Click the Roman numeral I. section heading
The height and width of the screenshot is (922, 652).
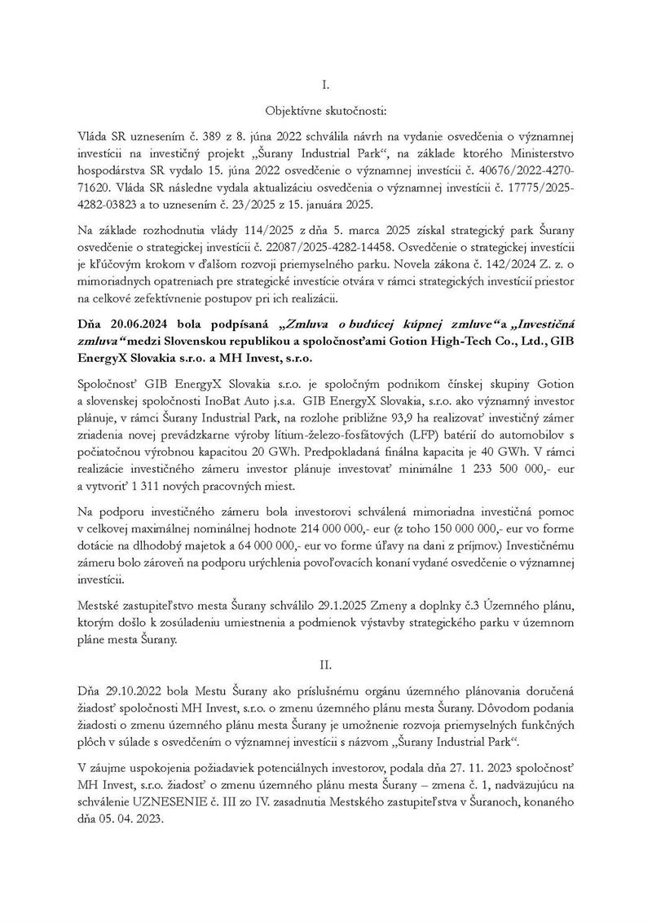pos(326,83)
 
